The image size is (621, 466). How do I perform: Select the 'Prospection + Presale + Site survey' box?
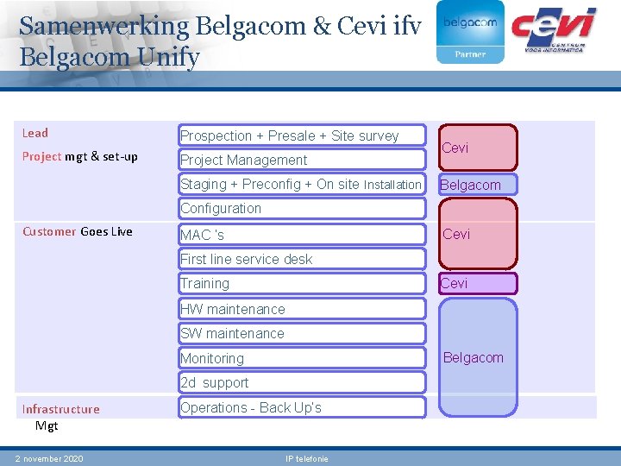(x=302, y=135)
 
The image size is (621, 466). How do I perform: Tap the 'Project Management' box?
(x=302, y=160)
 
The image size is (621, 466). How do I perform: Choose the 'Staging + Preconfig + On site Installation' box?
(x=302, y=184)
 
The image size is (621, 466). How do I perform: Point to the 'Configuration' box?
(x=302, y=208)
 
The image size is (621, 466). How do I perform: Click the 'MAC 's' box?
(x=302, y=235)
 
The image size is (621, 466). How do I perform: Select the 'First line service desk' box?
(x=302, y=259)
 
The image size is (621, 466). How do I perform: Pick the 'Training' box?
(x=302, y=283)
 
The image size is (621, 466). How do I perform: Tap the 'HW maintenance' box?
(x=302, y=309)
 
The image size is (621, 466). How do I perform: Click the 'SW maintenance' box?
(x=302, y=333)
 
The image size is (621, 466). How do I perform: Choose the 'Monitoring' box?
(x=302, y=358)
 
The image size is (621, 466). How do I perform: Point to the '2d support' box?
(x=302, y=382)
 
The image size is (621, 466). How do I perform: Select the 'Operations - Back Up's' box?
(x=302, y=407)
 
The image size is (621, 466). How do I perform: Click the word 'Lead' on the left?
(x=35, y=133)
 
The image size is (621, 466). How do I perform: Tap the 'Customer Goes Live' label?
(x=78, y=231)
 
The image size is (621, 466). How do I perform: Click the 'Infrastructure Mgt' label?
(x=60, y=417)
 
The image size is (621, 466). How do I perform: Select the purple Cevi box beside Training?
(x=478, y=283)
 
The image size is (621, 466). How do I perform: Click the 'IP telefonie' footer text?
(x=306, y=458)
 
